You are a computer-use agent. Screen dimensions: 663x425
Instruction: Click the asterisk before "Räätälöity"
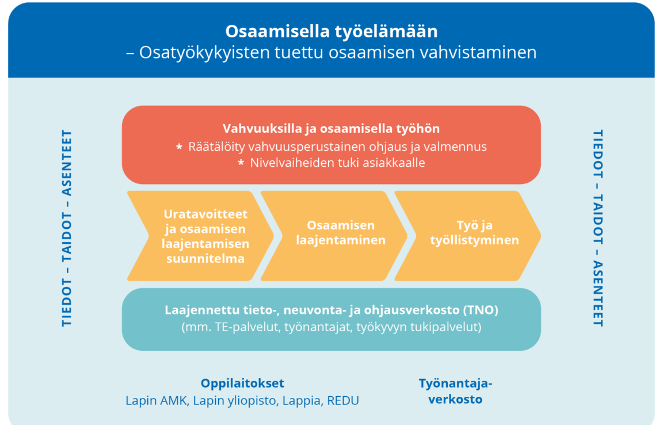pyautogui.click(x=180, y=147)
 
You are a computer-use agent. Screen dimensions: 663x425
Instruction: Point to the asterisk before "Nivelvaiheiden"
pyautogui.click(x=241, y=163)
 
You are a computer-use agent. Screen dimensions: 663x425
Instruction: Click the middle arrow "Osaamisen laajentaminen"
pyautogui.click(x=334, y=236)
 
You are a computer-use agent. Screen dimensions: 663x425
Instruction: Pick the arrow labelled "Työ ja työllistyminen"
pyautogui.click(x=468, y=236)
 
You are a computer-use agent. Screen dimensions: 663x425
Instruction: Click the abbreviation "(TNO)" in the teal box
pyautogui.click(x=481, y=310)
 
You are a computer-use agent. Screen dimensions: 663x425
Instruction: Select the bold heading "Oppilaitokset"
pyautogui.click(x=242, y=383)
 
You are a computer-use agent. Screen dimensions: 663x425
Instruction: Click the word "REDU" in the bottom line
pyautogui.click(x=343, y=400)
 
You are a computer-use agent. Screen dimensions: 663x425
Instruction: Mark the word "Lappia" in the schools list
pyautogui.click(x=300, y=401)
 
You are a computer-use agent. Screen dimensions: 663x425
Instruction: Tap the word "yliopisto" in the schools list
pyautogui.click(x=253, y=401)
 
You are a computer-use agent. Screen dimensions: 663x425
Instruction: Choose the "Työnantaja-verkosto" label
pyautogui.click(x=455, y=391)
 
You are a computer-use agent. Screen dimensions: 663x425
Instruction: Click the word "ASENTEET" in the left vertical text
pyautogui.click(x=67, y=163)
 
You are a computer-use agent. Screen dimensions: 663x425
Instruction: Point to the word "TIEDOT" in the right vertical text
pyautogui.click(x=597, y=154)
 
